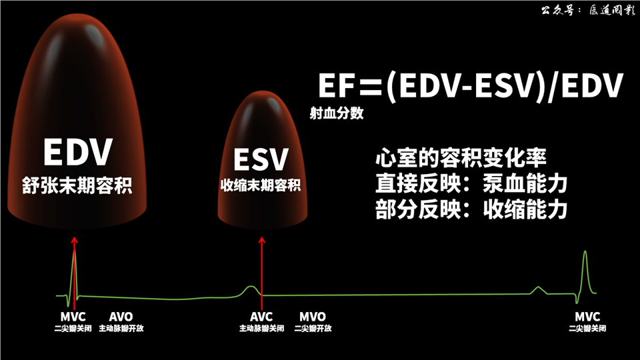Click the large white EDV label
(x=77, y=152)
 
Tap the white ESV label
(x=261, y=160)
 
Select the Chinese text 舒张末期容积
(x=77, y=185)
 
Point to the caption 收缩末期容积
(x=261, y=186)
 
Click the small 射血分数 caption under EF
(x=337, y=113)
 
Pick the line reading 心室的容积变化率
(x=461, y=159)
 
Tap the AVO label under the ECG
(x=121, y=316)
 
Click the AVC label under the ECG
(x=262, y=316)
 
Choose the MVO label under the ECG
(x=312, y=316)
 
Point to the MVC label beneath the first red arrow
(x=73, y=316)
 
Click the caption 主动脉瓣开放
(x=121, y=328)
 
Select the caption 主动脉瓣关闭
(x=262, y=328)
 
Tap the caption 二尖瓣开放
(x=312, y=328)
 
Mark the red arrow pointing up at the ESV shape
(x=262, y=267)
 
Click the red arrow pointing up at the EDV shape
(x=74, y=267)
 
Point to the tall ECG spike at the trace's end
(x=585, y=270)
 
